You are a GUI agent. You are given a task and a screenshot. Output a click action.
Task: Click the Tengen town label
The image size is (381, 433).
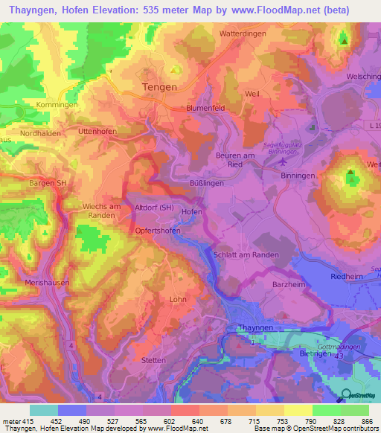(159, 87)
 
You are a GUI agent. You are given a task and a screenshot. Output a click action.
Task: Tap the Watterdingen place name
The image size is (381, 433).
(246, 34)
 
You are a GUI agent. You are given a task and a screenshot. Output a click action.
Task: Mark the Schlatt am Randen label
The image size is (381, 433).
(246, 254)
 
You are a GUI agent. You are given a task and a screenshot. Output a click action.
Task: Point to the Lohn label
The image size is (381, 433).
(178, 299)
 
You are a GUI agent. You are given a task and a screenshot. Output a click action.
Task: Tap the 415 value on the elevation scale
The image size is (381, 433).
(25, 421)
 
